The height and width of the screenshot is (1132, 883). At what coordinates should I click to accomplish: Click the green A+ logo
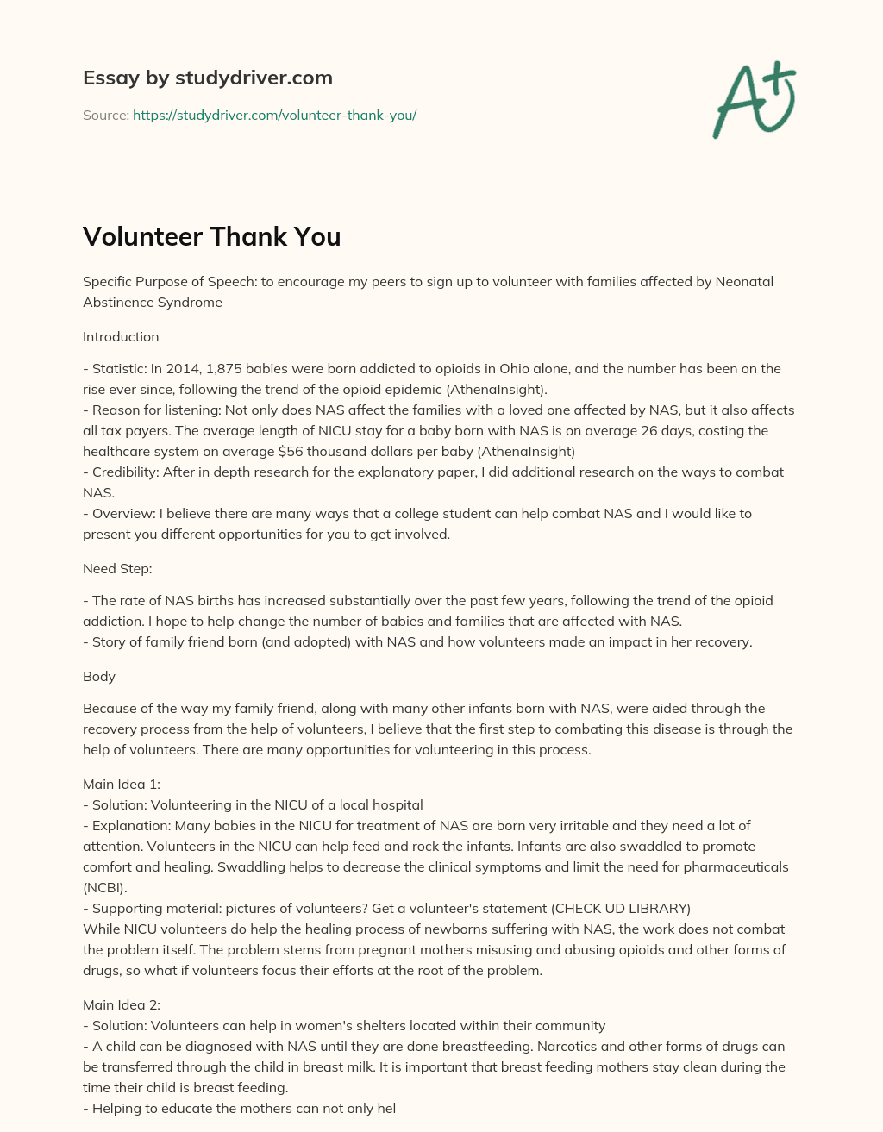(754, 99)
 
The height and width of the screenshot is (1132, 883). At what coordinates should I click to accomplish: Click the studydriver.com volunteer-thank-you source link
(274, 115)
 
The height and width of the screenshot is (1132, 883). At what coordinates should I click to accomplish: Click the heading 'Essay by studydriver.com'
(207, 78)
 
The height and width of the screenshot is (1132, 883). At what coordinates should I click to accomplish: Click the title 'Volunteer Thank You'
(211, 237)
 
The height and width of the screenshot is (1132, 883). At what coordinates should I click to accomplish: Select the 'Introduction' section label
(121, 336)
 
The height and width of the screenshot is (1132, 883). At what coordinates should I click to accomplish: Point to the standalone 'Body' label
(99, 677)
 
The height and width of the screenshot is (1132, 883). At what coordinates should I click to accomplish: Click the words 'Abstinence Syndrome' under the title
(153, 302)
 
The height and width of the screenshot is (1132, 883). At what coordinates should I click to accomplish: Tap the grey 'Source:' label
(105, 115)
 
